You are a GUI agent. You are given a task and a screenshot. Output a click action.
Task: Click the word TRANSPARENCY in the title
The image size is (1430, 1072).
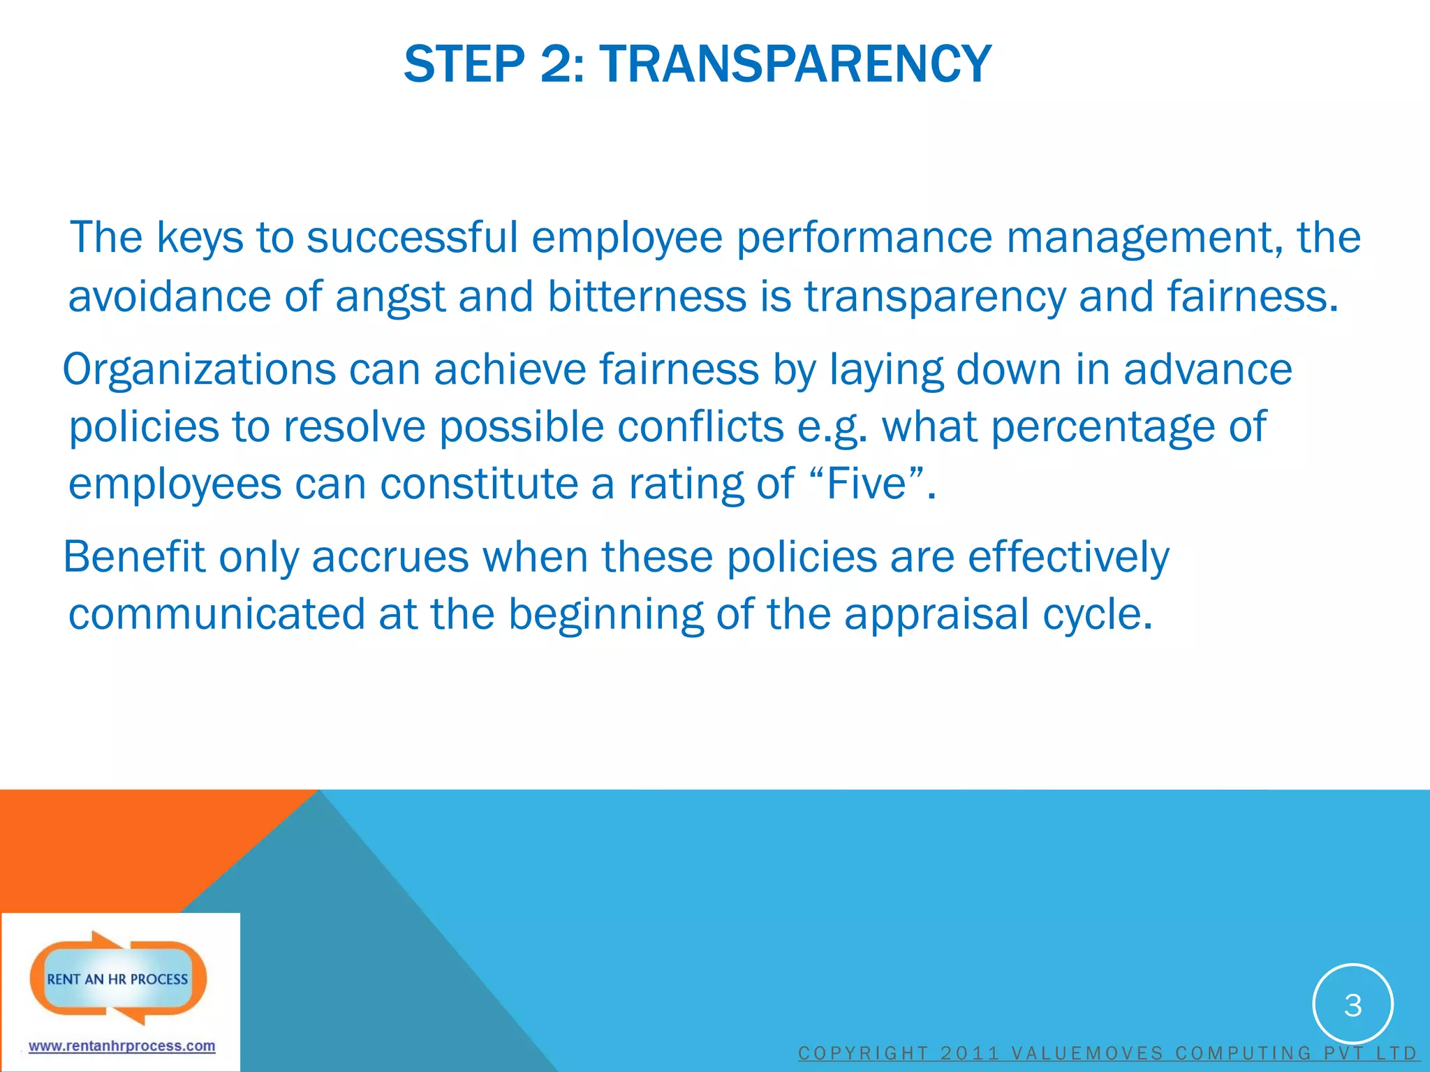click(795, 64)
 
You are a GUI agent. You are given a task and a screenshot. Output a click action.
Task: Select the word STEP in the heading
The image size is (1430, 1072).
click(464, 64)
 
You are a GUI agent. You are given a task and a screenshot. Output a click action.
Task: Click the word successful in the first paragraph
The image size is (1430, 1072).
click(412, 237)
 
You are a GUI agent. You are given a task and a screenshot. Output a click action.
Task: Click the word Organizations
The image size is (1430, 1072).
click(199, 369)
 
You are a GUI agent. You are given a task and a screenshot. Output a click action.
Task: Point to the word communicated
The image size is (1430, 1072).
click(216, 615)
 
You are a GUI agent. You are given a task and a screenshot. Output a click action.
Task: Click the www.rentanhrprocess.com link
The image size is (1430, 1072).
click(121, 1046)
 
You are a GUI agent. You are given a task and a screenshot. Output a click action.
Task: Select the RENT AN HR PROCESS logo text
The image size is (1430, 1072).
click(117, 979)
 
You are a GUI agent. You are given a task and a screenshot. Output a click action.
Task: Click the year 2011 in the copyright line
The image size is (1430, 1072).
click(970, 1053)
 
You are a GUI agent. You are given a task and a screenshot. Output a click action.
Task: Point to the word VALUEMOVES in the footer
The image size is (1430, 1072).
click(1086, 1053)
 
